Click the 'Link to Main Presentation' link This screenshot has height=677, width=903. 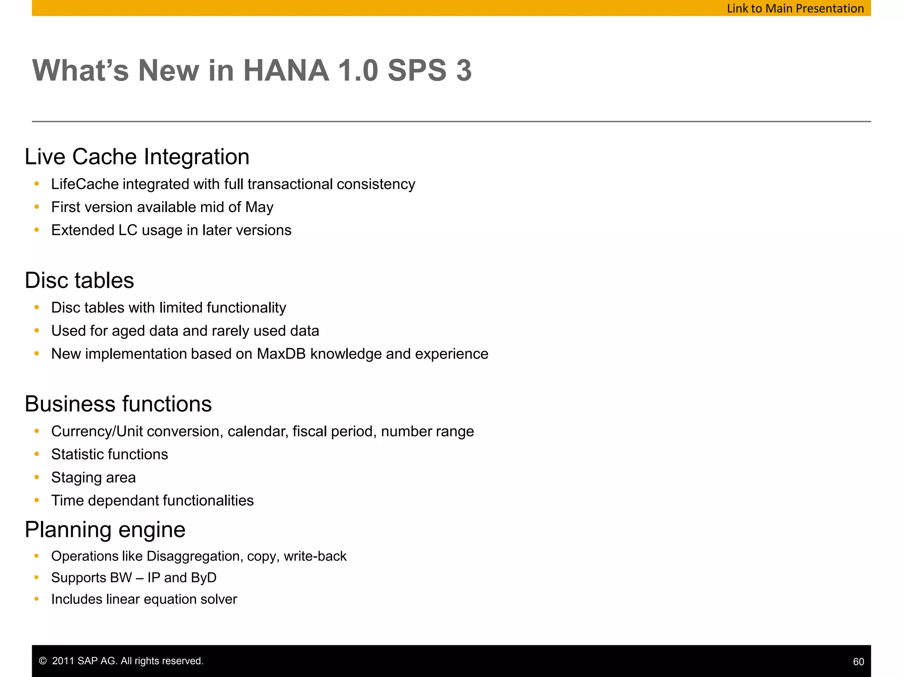[x=795, y=8]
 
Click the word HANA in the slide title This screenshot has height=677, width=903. [x=286, y=71]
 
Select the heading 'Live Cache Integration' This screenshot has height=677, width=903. [x=137, y=157]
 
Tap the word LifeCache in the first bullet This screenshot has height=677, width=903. [x=85, y=184]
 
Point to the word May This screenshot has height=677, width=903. [x=259, y=207]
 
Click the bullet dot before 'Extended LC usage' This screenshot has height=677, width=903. [x=37, y=230]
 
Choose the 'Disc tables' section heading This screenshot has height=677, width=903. [x=79, y=280]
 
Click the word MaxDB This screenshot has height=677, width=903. [x=281, y=354]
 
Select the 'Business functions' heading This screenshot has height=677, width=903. [x=118, y=404]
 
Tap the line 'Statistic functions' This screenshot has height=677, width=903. [x=109, y=454]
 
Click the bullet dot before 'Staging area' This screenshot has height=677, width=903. [x=37, y=477]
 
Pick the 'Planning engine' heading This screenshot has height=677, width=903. [x=105, y=530]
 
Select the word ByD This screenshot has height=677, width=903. [x=204, y=578]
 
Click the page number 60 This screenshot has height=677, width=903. [x=858, y=662]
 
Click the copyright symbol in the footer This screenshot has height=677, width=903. [x=43, y=661]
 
